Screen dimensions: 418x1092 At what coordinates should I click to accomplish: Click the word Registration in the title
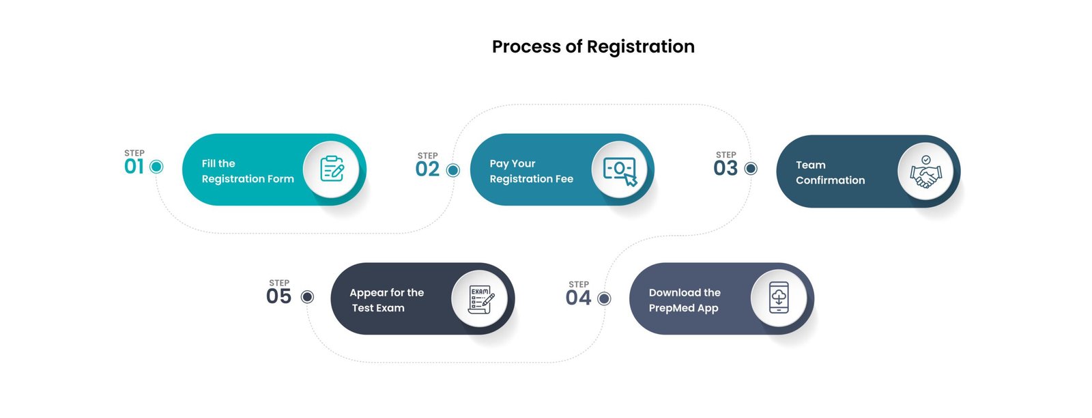point(640,47)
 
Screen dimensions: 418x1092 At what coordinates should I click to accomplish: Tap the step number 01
point(134,167)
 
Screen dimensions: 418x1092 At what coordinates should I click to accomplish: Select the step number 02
point(427,169)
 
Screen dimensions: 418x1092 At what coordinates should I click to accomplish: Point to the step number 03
point(725,169)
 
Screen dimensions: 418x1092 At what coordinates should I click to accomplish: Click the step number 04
point(578,298)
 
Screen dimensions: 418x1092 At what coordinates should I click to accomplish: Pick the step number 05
point(278,296)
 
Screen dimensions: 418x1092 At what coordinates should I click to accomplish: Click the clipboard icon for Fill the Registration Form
point(332,169)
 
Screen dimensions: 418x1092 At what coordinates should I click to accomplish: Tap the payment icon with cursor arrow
point(620,170)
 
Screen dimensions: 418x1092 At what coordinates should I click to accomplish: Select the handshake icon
point(925,172)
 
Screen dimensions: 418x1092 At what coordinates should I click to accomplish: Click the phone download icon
point(779,298)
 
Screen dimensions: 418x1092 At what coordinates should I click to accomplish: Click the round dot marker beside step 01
point(156,167)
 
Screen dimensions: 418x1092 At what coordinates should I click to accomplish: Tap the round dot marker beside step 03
point(751,168)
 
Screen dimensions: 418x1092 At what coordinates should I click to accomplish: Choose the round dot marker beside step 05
point(307,296)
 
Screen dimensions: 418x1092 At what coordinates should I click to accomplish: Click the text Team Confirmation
point(830,173)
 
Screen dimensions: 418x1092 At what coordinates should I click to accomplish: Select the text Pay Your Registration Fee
point(531,171)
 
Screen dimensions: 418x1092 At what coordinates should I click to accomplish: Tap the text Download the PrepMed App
point(684,301)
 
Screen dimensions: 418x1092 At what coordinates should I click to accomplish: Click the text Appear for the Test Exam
point(386,301)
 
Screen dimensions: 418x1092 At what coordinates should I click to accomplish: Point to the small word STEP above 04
point(579,284)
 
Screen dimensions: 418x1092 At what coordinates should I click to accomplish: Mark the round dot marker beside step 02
point(452,170)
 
